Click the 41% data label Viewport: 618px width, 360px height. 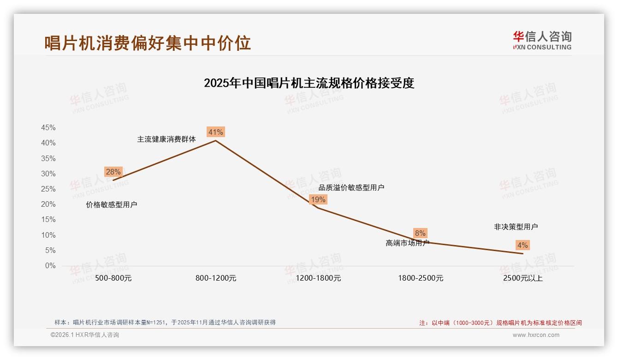215,132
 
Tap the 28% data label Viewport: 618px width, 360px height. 113,172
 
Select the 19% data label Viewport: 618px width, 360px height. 318,199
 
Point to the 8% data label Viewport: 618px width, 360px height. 420,234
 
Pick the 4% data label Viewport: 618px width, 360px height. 522,245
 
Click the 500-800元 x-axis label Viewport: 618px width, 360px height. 113,278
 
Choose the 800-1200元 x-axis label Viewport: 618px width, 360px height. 216,278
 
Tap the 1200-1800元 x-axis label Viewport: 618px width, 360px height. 318,278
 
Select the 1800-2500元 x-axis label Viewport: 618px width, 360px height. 421,278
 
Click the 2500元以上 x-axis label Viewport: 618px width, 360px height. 523,278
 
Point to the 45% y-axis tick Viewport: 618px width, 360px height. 48,128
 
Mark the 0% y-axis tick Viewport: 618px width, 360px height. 50,266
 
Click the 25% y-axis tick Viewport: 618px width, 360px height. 48,189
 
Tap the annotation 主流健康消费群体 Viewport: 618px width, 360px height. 166,139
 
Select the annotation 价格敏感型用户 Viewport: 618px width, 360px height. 112,205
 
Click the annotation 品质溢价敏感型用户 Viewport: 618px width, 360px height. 351,188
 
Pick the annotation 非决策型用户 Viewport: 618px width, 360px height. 516,227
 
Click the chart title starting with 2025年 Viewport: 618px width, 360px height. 309,83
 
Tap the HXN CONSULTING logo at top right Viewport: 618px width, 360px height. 542,40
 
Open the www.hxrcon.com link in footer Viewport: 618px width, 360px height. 536,335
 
